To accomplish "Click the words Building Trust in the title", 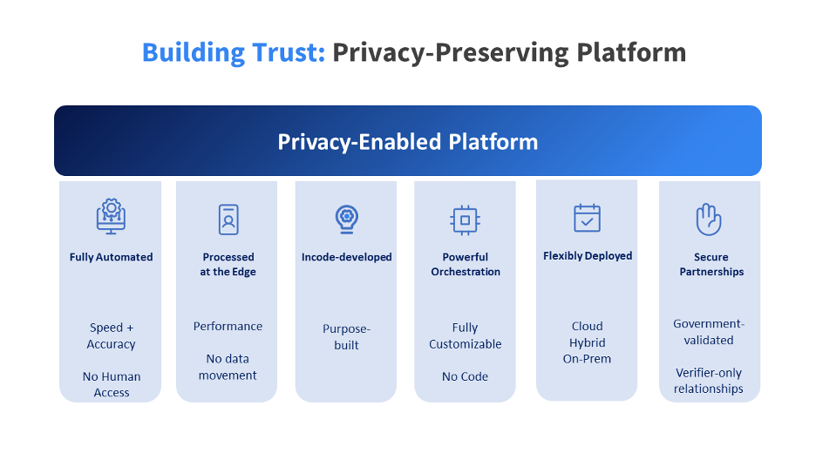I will [x=234, y=52].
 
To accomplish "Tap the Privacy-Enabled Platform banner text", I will [x=408, y=141].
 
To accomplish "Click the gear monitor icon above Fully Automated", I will [x=111, y=217].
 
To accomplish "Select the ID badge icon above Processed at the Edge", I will [x=228, y=219].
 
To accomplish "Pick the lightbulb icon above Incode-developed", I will [x=346, y=218].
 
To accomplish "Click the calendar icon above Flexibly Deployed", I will [x=588, y=218].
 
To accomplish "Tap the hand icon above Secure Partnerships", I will [x=709, y=220].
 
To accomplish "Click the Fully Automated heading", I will [x=111, y=257].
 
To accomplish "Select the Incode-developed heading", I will [x=346, y=257].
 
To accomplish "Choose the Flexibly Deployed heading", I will [x=588, y=256].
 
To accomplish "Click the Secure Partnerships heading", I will [x=709, y=264].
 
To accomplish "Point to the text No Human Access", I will [x=111, y=384].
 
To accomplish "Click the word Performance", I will [x=228, y=326].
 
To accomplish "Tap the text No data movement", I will [x=228, y=367].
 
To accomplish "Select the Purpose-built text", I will [x=346, y=336].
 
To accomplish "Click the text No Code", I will [x=465, y=376].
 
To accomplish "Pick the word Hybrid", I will [x=587, y=342].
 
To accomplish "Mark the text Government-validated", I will [x=709, y=332].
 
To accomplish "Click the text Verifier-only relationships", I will [x=709, y=381].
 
